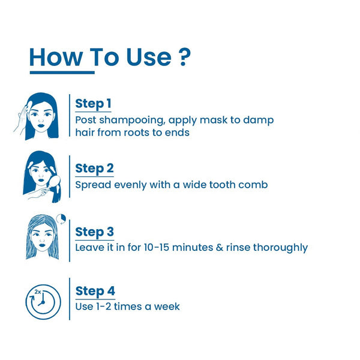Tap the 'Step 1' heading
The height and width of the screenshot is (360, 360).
pyautogui.click(x=93, y=103)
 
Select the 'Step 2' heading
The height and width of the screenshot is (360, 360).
pyautogui.click(x=94, y=168)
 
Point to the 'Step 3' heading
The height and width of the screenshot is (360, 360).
pyautogui.click(x=94, y=232)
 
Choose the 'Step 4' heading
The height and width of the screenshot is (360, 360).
pyautogui.click(x=95, y=291)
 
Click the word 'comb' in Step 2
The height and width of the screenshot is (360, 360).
pyautogui.click(x=253, y=184)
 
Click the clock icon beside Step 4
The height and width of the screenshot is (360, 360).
pyautogui.click(x=43, y=302)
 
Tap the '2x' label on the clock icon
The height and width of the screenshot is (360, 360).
pyautogui.click(x=38, y=291)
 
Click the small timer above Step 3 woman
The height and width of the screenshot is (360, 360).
pyautogui.click(x=60, y=218)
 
